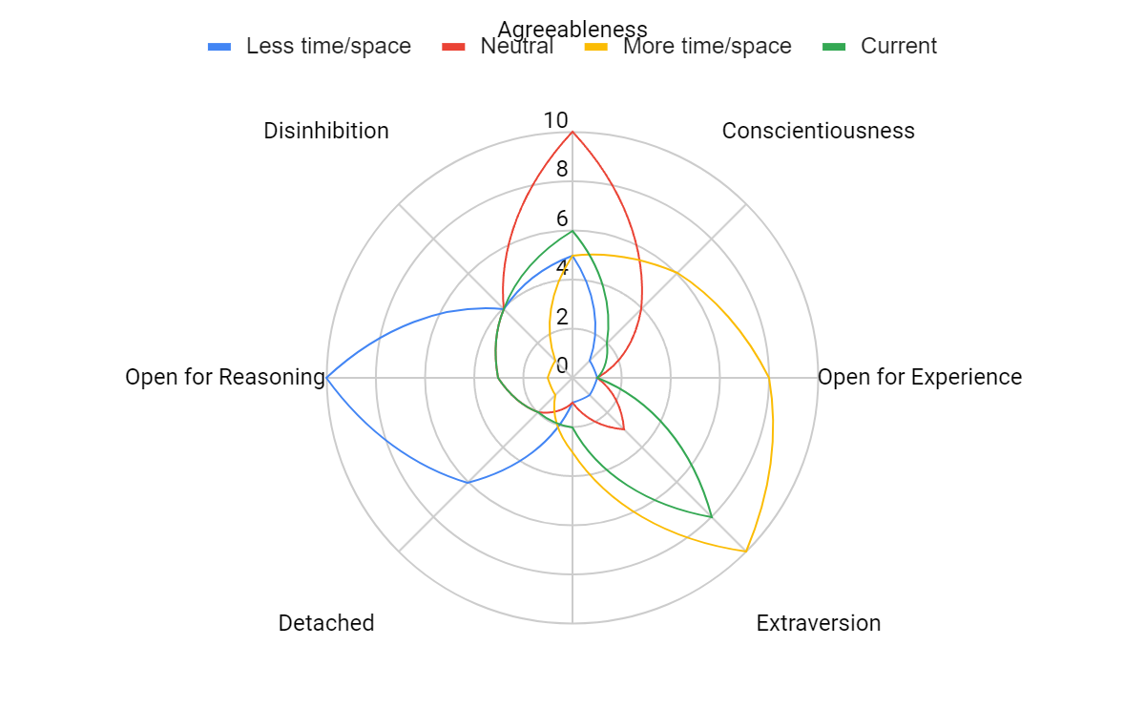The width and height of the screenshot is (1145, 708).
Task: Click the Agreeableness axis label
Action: click(x=572, y=29)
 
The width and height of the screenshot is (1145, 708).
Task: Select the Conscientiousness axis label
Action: click(x=818, y=131)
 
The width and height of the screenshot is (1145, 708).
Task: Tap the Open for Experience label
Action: click(x=920, y=377)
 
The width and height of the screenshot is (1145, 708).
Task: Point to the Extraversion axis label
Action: click(x=818, y=623)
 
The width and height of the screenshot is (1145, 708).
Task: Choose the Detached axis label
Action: click(x=326, y=623)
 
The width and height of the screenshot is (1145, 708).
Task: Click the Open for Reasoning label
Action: click(x=225, y=377)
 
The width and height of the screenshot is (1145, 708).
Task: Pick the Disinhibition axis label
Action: click(x=326, y=131)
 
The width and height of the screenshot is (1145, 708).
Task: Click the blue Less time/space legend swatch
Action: click(x=219, y=46)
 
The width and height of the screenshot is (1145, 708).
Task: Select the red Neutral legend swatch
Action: click(x=453, y=46)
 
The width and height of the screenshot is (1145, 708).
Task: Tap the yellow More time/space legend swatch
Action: click(x=596, y=46)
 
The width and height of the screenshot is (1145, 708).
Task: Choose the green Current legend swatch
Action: click(x=834, y=46)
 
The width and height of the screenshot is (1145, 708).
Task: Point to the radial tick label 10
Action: click(x=555, y=120)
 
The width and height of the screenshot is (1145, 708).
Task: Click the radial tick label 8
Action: click(x=562, y=170)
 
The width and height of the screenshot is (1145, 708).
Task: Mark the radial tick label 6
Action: click(x=562, y=219)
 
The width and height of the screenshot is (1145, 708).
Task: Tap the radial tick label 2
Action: click(x=562, y=317)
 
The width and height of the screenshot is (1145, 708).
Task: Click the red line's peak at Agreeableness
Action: click(x=572, y=132)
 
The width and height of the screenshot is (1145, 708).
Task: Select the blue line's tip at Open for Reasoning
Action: click(x=327, y=378)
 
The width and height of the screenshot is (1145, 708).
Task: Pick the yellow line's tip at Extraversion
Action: click(x=745, y=551)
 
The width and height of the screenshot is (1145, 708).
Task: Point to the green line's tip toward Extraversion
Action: click(x=711, y=516)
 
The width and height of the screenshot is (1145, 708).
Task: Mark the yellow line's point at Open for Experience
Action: click(x=769, y=378)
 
